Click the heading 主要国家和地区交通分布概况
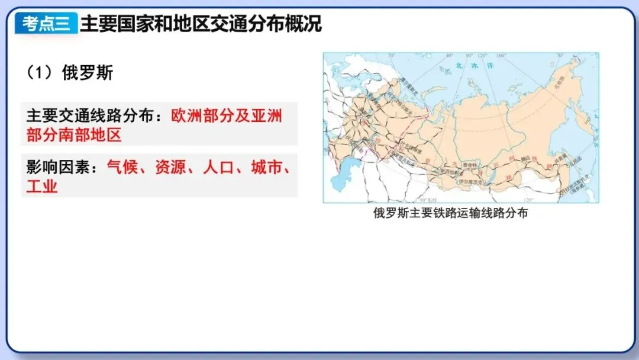[201, 24]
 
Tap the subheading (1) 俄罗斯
[70, 73]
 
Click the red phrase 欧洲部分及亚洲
[227, 115]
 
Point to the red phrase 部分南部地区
[74, 135]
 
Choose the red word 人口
[219, 168]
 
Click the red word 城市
[267, 168]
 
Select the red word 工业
[42, 187]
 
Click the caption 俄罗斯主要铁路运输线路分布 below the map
[450, 213]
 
